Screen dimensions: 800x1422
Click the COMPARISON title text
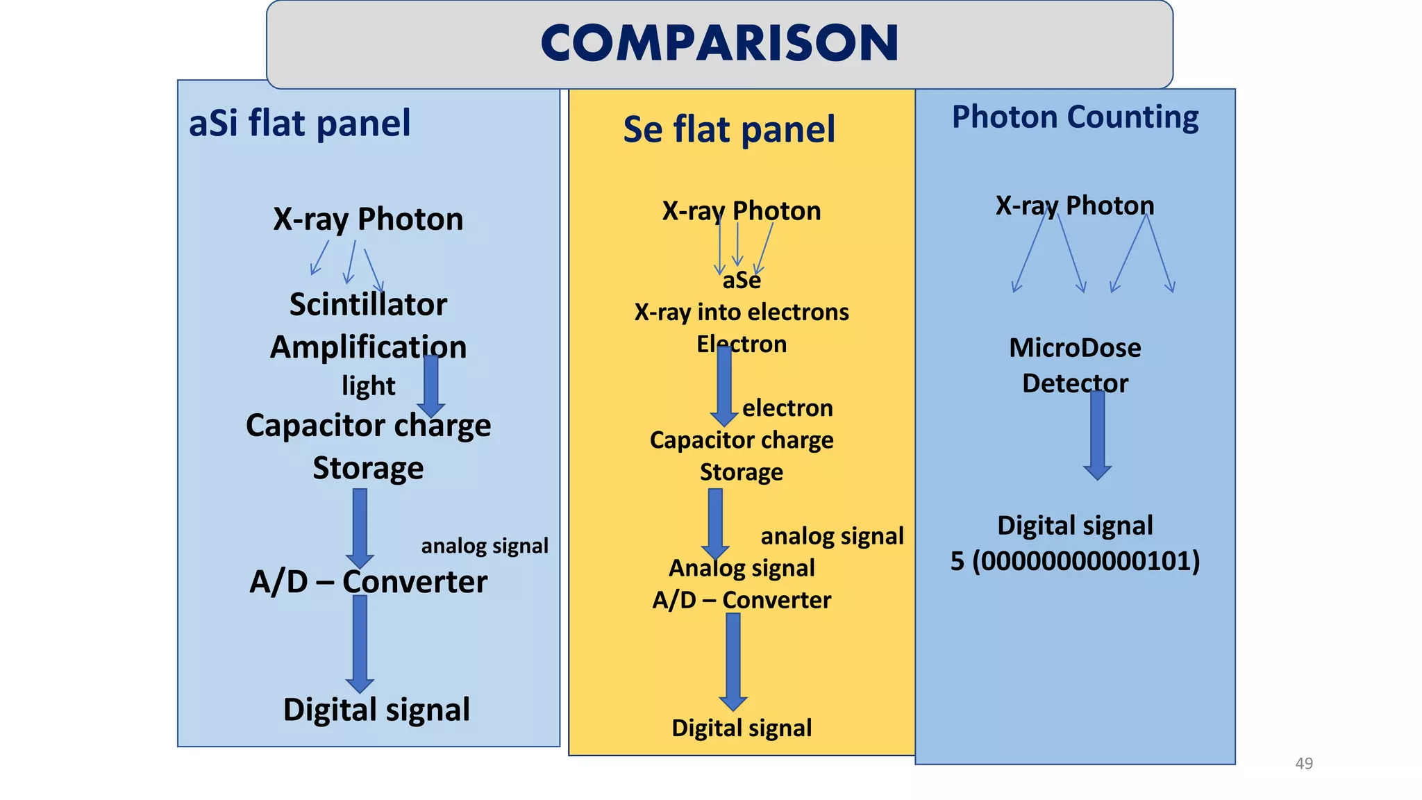pos(719,43)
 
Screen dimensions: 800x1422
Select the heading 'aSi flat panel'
pos(300,124)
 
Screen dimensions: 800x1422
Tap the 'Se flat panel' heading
pos(729,130)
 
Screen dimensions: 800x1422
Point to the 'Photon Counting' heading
pos(1075,117)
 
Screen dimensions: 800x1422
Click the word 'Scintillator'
pos(368,304)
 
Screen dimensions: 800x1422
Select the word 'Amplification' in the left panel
pos(368,347)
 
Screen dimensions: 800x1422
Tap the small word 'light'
pos(368,385)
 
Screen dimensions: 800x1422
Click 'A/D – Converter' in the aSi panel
pos(368,582)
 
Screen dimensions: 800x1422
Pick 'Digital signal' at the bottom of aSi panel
pos(376,710)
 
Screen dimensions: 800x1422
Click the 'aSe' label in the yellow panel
pos(742,281)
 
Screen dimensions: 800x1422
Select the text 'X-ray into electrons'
pos(742,312)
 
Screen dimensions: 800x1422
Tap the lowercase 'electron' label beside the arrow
pos(787,408)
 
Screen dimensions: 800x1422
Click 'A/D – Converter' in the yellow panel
pos(742,600)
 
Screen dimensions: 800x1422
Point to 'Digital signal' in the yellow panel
pos(742,728)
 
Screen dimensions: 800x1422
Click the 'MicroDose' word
pos(1075,348)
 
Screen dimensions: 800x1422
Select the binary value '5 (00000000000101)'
pos(1075,561)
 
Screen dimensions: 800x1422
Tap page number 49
pos(1304,763)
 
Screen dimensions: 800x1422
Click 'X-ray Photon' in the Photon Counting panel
pos(1075,206)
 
